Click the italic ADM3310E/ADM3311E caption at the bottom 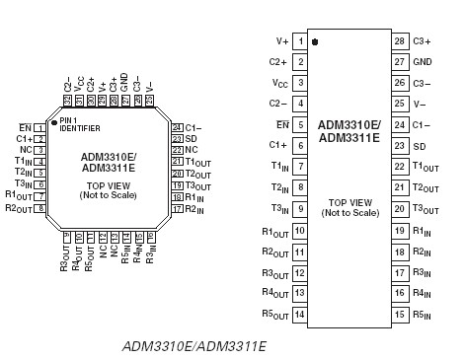(194, 347)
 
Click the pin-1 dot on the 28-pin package (315, 42)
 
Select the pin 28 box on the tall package (399, 40)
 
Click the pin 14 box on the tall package (300, 315)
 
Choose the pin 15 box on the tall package (399, 315)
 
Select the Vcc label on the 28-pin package (280, 83)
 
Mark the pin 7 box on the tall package (300, 167)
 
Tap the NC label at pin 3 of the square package (26, 150)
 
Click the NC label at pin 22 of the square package (191, 150)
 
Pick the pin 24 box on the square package (177, 127)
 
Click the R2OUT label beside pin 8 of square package (18, 208)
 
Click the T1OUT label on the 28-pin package (426, 167)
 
